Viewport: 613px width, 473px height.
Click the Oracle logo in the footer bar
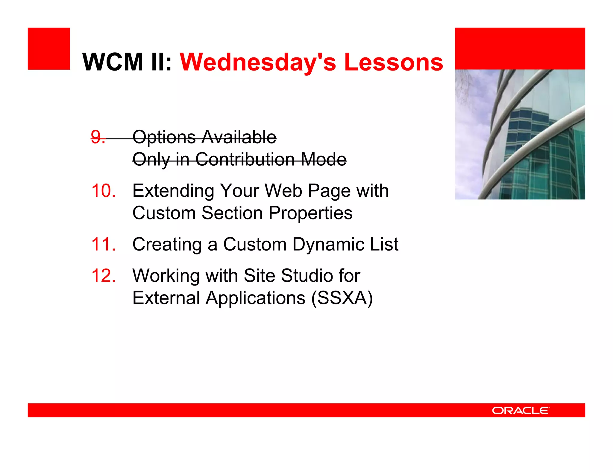521,411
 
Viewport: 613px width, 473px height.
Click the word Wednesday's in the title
257,62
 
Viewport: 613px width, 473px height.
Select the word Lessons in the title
393,62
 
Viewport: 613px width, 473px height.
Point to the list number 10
103,191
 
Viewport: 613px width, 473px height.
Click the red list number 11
103,244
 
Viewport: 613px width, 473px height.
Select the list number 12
103,275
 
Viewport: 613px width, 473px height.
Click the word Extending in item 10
173,191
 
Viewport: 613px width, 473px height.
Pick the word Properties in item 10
310,213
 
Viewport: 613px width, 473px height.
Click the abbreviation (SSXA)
342,298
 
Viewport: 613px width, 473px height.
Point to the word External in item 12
166,298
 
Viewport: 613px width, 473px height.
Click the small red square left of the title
49,49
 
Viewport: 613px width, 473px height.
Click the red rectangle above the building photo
520,49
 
